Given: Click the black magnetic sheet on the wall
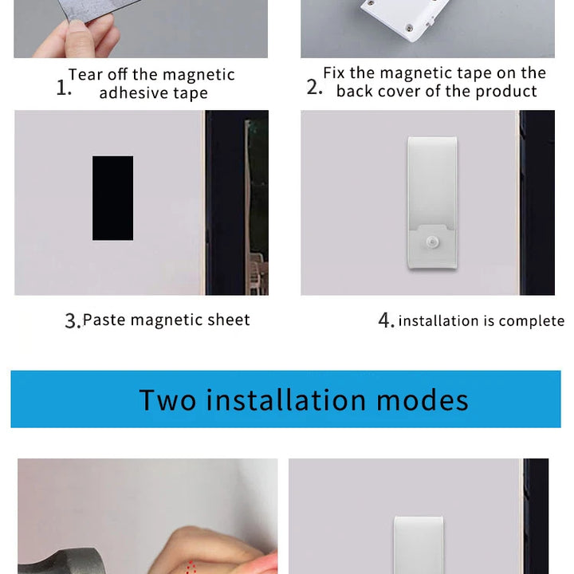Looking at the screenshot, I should pos(112,198).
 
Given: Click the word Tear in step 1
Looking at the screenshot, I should pos(85,75).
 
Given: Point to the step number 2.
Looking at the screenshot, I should pos(314,87).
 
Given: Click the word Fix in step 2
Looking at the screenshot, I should pos(334,73).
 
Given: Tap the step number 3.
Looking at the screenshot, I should pos(72,321).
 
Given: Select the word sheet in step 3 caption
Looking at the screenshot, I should pos(229,320).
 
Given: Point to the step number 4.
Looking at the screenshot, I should pos(386,321).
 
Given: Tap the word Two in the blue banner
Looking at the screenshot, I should pos(167,399).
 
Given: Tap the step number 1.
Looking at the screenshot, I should pos(64,88).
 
